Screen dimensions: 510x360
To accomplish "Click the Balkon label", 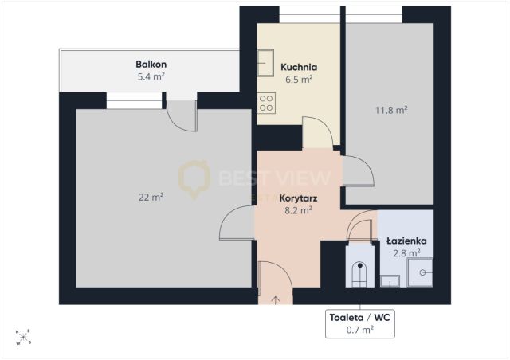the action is point(151,64).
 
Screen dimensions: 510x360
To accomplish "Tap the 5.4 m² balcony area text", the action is point(151,76).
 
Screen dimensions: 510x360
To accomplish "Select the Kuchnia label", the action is point(299,68).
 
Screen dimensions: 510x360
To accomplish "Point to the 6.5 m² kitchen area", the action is point(299,80).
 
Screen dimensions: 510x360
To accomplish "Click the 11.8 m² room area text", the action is point(391,110).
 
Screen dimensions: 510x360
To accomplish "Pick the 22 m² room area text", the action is point(151,197).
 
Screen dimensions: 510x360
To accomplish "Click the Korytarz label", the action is point(298,198).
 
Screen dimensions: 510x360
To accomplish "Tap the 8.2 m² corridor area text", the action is point(298,211).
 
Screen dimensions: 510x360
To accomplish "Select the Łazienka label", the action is point(406,241).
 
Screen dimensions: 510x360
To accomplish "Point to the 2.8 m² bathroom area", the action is point(406,253).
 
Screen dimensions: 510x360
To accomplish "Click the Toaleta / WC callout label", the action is point(359,318).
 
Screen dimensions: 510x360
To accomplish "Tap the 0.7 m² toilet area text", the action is point(359,330).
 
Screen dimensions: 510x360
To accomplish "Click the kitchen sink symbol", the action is point(265,63).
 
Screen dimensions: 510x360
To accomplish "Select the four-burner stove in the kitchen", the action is point(266,103).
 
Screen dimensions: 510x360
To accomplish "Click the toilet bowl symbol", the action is point(359,275).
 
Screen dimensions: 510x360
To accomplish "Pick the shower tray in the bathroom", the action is point(420,272).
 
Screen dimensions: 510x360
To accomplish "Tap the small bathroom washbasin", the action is point(390,281).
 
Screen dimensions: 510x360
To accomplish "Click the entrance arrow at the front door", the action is point(276,300).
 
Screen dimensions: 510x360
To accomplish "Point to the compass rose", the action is point(23,337).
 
